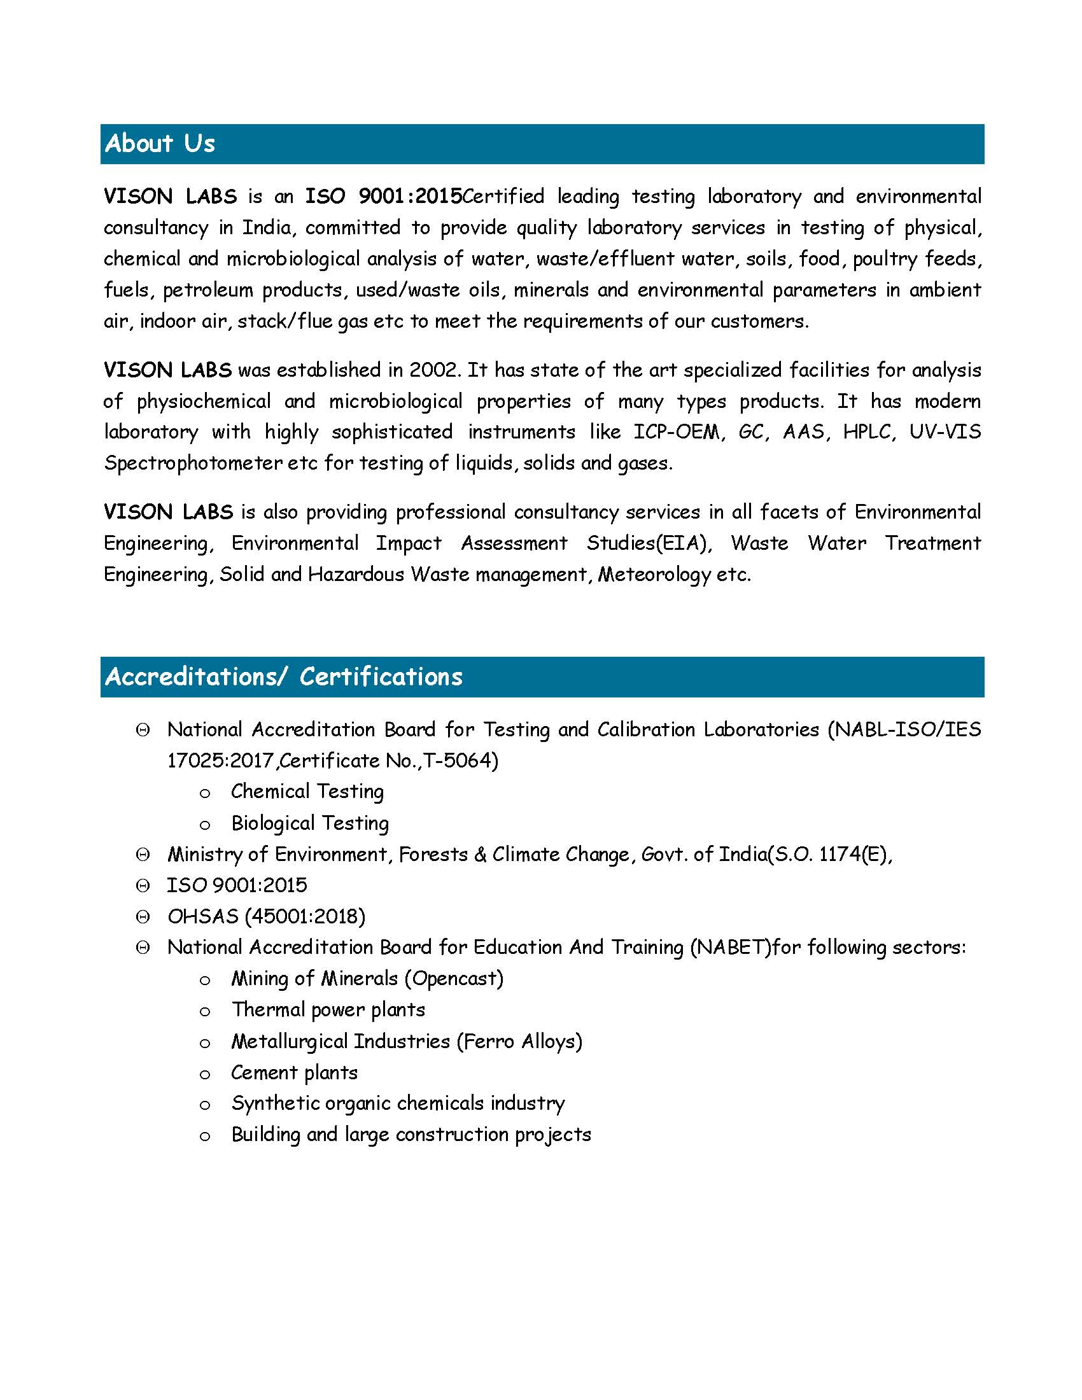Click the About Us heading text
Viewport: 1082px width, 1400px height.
click(160, 144)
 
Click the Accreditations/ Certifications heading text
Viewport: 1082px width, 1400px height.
click(283, 677)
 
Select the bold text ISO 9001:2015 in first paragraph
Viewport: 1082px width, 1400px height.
click(383, 196)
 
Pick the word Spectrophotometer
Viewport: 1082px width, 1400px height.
click(193, 463)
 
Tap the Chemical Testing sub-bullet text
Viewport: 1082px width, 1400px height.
click(307, 792)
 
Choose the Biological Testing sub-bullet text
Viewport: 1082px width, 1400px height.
click(309, 823)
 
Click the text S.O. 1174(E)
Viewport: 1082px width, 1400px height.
click(831, 855)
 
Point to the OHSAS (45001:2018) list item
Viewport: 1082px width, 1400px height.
click(266, 916)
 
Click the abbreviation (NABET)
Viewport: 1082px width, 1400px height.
click(730, 948)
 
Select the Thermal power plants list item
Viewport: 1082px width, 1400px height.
click(328, 1010)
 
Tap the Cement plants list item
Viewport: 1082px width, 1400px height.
click(294, 1072)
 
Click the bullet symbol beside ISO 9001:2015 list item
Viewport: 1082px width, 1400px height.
click(143, 886)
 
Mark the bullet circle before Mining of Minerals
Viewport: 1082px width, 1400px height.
click(205, 980)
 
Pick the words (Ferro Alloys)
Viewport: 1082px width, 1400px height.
click(519, 1042)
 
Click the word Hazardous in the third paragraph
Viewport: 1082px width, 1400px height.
click(356, 575)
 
